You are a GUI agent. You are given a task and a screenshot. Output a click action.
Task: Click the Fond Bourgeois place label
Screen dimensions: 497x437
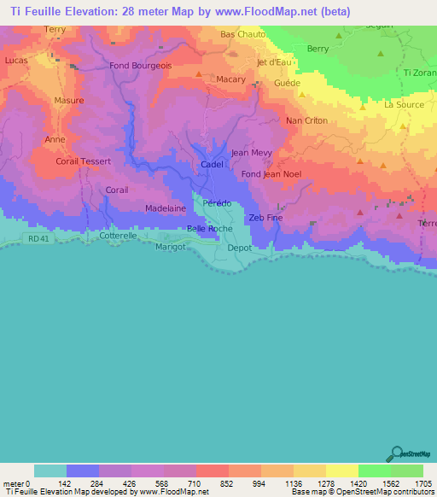[x=141, y=66]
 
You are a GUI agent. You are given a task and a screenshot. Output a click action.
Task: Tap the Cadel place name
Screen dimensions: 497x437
[x=212, y=164]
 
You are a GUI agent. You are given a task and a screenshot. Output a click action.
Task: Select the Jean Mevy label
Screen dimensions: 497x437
[x=252, y=153]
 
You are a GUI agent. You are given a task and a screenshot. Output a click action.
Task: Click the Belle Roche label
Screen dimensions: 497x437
[x=209, y=229]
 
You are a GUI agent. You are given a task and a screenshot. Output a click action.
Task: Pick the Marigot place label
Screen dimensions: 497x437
[x=171, y=247]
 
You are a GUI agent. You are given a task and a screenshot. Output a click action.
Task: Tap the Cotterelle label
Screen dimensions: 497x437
[x=119, y=235]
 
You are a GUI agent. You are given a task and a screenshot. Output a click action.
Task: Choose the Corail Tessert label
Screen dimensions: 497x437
[x=84, y=161]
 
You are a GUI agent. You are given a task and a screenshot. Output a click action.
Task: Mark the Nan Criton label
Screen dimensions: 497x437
[x=306, y=121]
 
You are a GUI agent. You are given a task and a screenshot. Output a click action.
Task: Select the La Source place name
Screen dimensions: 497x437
[x=404, y=105]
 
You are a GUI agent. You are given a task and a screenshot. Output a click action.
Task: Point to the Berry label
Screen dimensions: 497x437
[x=318, y=50]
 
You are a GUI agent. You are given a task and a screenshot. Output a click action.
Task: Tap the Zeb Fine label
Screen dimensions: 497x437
[x=265, y=218]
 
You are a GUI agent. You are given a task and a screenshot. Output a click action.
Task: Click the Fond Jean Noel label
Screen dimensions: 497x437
[x=271, y=174]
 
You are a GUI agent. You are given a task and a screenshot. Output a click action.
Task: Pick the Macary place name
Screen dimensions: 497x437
[x=230, y=79]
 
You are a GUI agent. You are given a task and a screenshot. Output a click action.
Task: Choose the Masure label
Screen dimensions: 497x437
[x=68, y=100]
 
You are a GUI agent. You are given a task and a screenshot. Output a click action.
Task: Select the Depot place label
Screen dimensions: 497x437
[x=240, y=247]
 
